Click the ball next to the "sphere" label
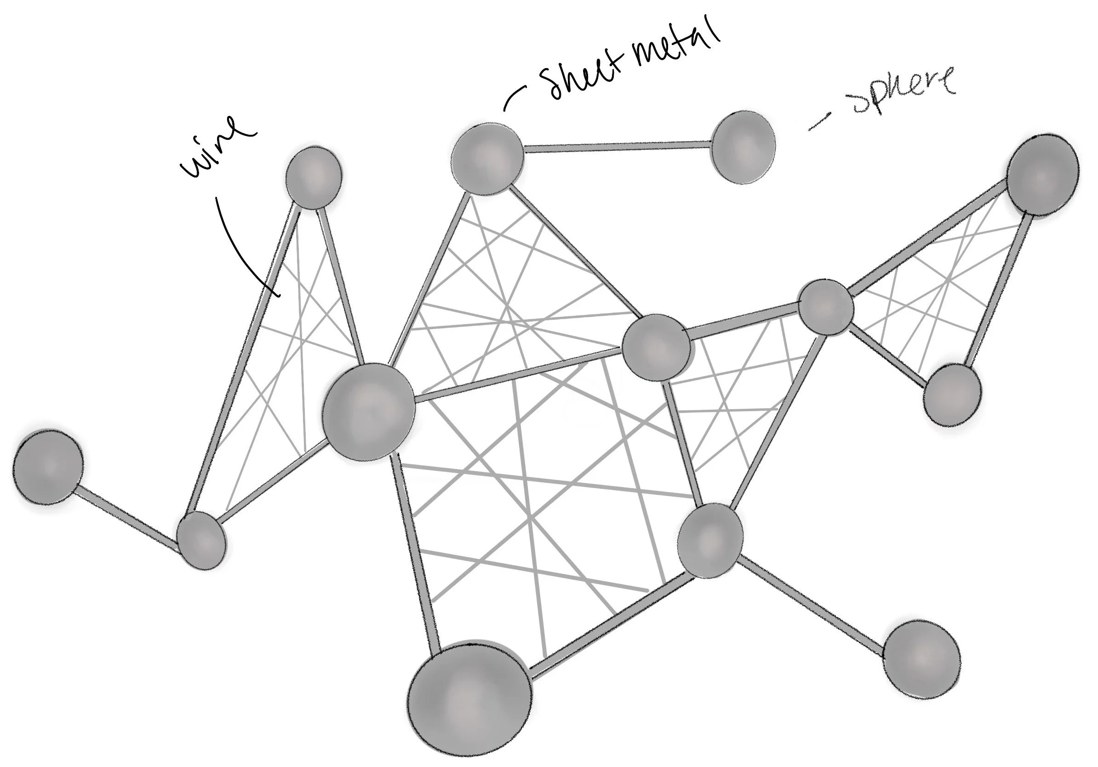click(x=743, y=147)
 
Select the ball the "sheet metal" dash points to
click(x=487, y=159)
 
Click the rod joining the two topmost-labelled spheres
click(x=617, y=146)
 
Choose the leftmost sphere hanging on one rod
click(x=47, y=466)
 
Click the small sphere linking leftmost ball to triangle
click(x=201, y=541)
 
